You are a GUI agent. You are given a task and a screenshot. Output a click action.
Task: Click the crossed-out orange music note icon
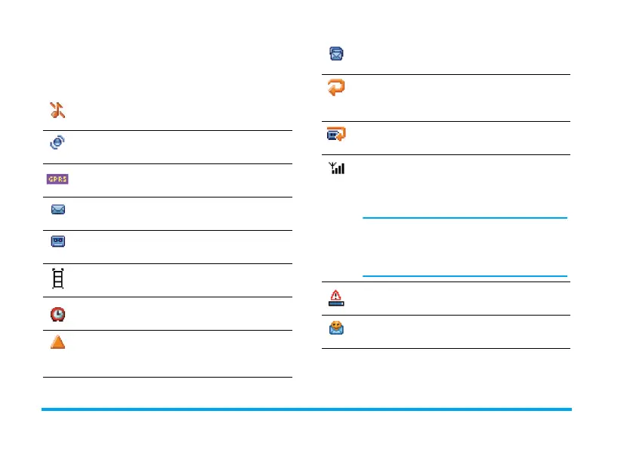(x=58, y=110)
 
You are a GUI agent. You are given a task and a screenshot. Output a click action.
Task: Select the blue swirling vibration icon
(x=58, y=144)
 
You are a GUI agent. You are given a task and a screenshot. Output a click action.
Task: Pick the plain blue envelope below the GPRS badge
(x=58, y=210)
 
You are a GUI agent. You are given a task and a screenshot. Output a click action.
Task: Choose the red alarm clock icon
(x=58, y=312)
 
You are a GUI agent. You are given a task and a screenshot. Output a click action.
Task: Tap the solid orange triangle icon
(x=58, y=341)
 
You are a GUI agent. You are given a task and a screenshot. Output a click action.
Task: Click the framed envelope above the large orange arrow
(x=336, y=54)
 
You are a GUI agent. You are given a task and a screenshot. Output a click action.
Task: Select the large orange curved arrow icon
(x=336, y=89)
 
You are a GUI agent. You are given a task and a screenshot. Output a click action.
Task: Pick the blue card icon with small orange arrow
(x=336, y=135)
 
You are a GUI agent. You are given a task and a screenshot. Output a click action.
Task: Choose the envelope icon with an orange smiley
(x=336, y=329)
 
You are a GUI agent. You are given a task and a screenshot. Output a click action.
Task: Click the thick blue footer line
(x=306, y=409)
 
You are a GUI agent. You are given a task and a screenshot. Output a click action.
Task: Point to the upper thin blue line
(x=465, y=219)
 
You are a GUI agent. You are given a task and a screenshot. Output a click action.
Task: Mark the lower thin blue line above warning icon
(x=465, y=275)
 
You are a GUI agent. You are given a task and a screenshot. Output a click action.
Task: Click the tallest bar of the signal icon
(x=343, y=168)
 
